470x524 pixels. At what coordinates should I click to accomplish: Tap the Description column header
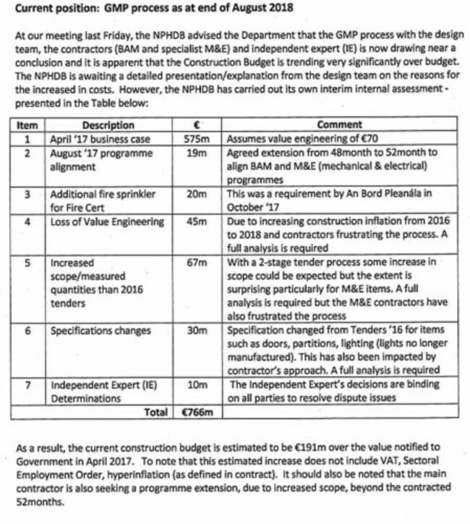point(108,125)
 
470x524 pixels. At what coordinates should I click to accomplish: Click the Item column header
point(27,125)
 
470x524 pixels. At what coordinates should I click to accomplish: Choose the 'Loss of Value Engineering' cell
point(106,221)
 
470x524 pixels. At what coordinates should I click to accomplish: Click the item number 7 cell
point(27,384)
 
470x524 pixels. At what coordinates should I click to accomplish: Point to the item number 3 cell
point(27,194)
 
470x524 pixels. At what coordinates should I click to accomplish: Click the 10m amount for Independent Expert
point(197,384)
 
